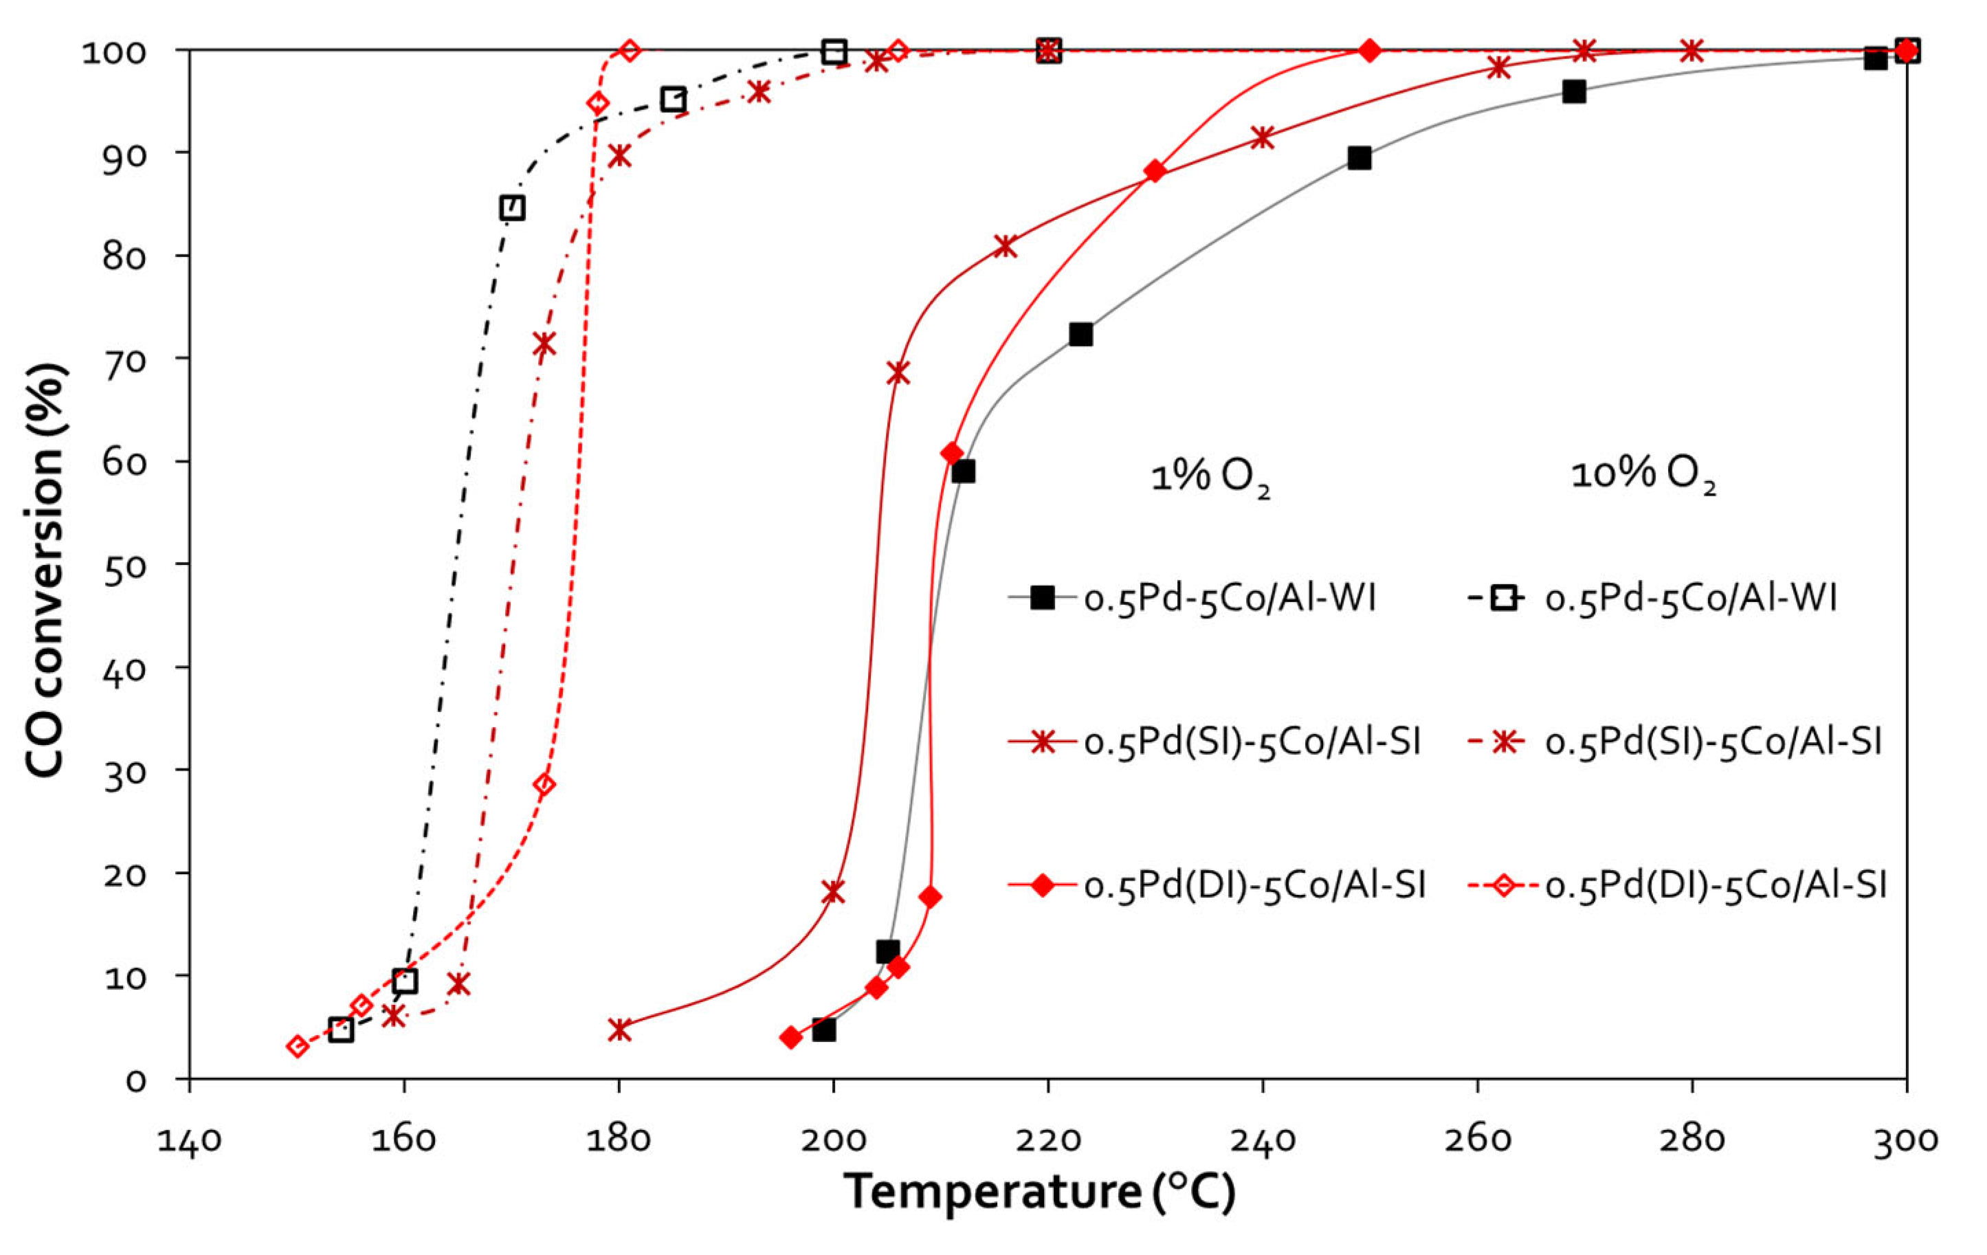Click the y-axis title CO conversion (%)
coord(45,569)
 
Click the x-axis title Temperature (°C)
coord(1040,1190)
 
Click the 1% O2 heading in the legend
coord(1210,476)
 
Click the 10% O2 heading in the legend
coord(1643,474)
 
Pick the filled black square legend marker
coord(1042,597)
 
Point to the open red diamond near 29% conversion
coord(544,784)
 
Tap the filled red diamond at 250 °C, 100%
coord(1370,50)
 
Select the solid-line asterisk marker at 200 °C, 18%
coord(834,892)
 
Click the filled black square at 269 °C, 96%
coord(1574,91)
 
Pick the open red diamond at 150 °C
coord(298,1046)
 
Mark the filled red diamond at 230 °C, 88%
coord(1155,172)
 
